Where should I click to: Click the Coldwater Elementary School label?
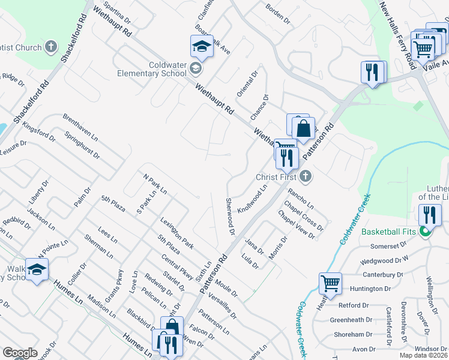pos(152,70)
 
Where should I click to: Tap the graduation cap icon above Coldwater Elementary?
pos(202,47)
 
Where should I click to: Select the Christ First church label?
pos(277,177)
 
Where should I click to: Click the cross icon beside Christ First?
pos(306,176)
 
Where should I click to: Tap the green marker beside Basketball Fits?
pos(426,232)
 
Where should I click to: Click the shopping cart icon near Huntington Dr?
pos(330,284)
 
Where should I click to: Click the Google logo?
pos(20,353)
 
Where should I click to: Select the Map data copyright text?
pos(423,355)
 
